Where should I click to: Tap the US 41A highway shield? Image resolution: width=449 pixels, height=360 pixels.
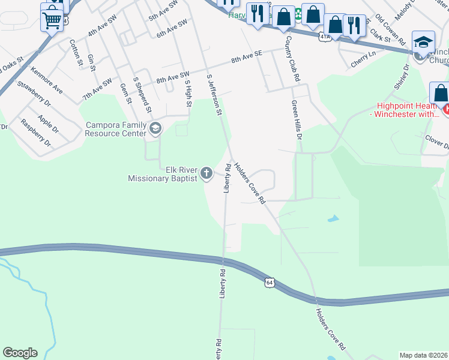[x=325, y=37]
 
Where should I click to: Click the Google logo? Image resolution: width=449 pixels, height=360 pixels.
[x=20, y=353]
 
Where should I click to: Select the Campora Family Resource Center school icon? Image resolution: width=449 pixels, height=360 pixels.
[x=155, y=128]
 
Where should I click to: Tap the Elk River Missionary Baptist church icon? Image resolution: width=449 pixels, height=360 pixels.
[x=206, y=174]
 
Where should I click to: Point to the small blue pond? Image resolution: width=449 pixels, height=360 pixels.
[x=333, y=218]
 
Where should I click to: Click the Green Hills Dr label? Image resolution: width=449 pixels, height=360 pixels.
[x=296, y=120]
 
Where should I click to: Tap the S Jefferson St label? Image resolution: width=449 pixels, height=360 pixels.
[x=214, y=95]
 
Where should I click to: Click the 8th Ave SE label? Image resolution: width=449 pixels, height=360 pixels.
[x=247, y=58]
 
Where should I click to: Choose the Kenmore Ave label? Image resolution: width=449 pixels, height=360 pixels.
[x=47, y=80]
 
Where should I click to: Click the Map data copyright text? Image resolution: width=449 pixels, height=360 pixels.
[x=424, y=355]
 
